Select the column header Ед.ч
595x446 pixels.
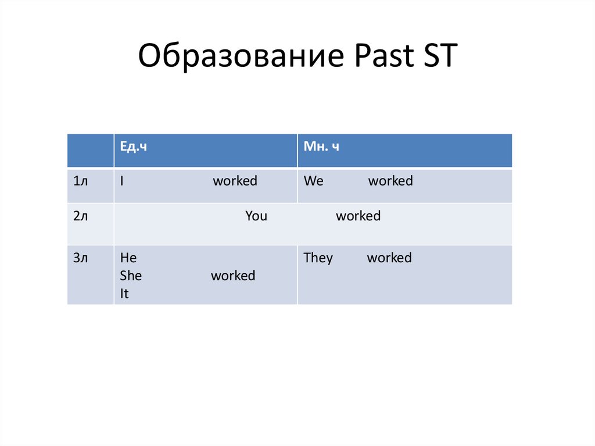[133, 147]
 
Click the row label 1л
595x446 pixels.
[80, 181]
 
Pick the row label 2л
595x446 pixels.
[80, 216]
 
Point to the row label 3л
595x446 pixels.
[80, 258]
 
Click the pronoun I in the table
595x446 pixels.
[121, 181]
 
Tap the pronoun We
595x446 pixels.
[313, 181]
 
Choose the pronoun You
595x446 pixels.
[256, 216]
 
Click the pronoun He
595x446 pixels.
[128, 258]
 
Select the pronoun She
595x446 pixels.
[131, 276]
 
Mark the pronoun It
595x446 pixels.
[124, 294]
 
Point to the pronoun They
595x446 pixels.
[318, 258]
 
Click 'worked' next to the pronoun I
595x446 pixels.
[235, 181]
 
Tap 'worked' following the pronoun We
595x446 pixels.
[390, 181]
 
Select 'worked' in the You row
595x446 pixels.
[358, 216]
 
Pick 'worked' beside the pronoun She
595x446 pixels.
[233, 276]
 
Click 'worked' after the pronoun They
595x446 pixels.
[389, 258]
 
